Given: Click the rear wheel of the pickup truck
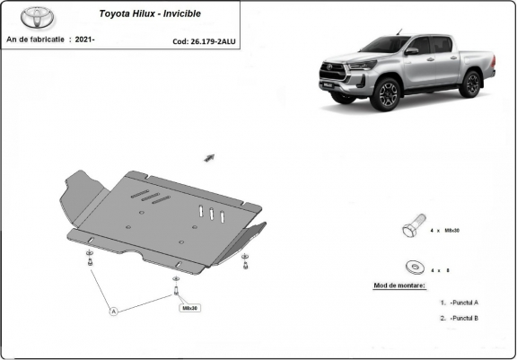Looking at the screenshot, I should click(x=469, y=83).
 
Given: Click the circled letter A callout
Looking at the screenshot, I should click(x=114, y=312).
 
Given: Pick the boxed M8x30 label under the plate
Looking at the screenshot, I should click(x=190, y=307).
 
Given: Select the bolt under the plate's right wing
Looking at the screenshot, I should click(x=245, y=261).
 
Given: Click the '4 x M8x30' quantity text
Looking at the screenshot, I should click(x=445, y=232).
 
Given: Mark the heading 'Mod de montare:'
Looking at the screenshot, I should click(x=399, y=285).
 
